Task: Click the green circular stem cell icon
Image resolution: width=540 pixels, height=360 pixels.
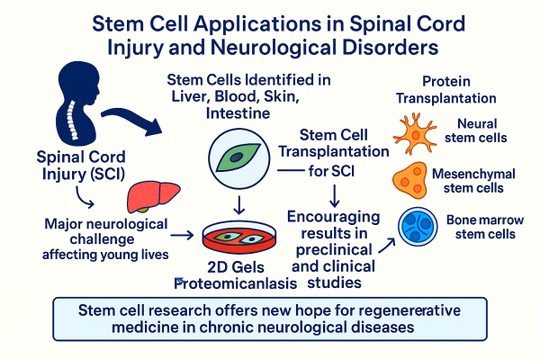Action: coord(237,156)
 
